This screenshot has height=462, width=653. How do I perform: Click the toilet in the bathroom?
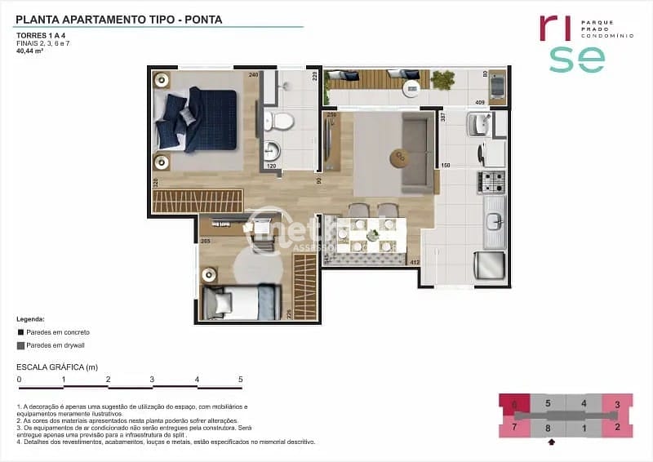point(282,123)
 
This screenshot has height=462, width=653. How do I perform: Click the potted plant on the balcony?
point(443,80)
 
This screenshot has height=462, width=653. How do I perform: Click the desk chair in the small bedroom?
point(264,236)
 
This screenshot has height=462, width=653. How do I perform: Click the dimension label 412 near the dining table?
point(415,262)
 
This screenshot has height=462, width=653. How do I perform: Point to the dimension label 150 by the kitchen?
point(446,166)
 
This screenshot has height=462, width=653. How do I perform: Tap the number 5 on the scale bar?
point(240,380)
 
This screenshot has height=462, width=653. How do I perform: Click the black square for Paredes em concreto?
point(20,333)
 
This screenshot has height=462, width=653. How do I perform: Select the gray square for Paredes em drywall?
point(20,345)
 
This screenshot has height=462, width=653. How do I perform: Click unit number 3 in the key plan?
point(617,404)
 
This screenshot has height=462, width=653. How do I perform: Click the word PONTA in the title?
point(202,18)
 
